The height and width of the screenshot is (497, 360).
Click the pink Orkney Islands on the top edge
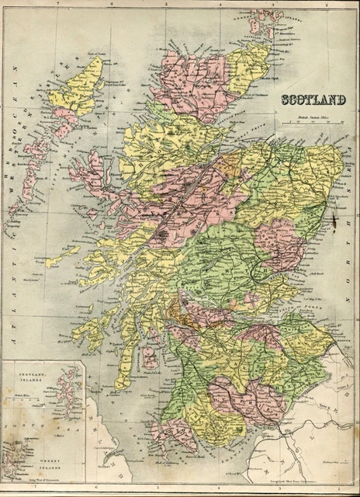(x=264, y=22)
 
